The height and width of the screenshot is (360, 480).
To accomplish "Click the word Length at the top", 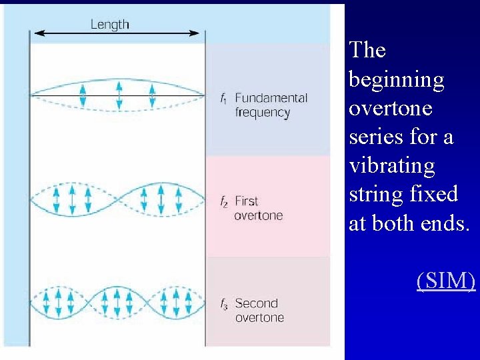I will (109, 25).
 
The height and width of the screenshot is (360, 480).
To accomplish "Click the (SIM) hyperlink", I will (446, 281).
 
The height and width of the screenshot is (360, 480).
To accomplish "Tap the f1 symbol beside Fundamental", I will (224, 99).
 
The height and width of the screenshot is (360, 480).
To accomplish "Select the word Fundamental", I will (271, 98).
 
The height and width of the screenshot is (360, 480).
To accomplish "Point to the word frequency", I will (262, 113).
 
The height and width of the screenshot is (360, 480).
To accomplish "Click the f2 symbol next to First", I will (224, 201).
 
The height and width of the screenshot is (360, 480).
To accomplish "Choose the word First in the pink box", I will (246, 201).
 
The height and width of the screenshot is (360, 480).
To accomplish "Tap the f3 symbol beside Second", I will (225, 304).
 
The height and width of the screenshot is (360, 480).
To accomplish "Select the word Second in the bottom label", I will (256, 303).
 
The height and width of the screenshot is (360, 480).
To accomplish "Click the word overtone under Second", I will (259, 317).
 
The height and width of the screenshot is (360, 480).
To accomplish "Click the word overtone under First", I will (258, 215).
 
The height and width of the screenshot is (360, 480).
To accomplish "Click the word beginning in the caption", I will (396, 80).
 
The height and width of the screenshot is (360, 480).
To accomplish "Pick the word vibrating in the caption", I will (391, 166).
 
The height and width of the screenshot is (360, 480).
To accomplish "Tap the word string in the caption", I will (370, 195).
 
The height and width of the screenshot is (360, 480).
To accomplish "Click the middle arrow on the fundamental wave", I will (119, 95).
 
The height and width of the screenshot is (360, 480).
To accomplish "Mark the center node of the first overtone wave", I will (118, 199).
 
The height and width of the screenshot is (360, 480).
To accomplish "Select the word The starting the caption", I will (367, 50).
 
